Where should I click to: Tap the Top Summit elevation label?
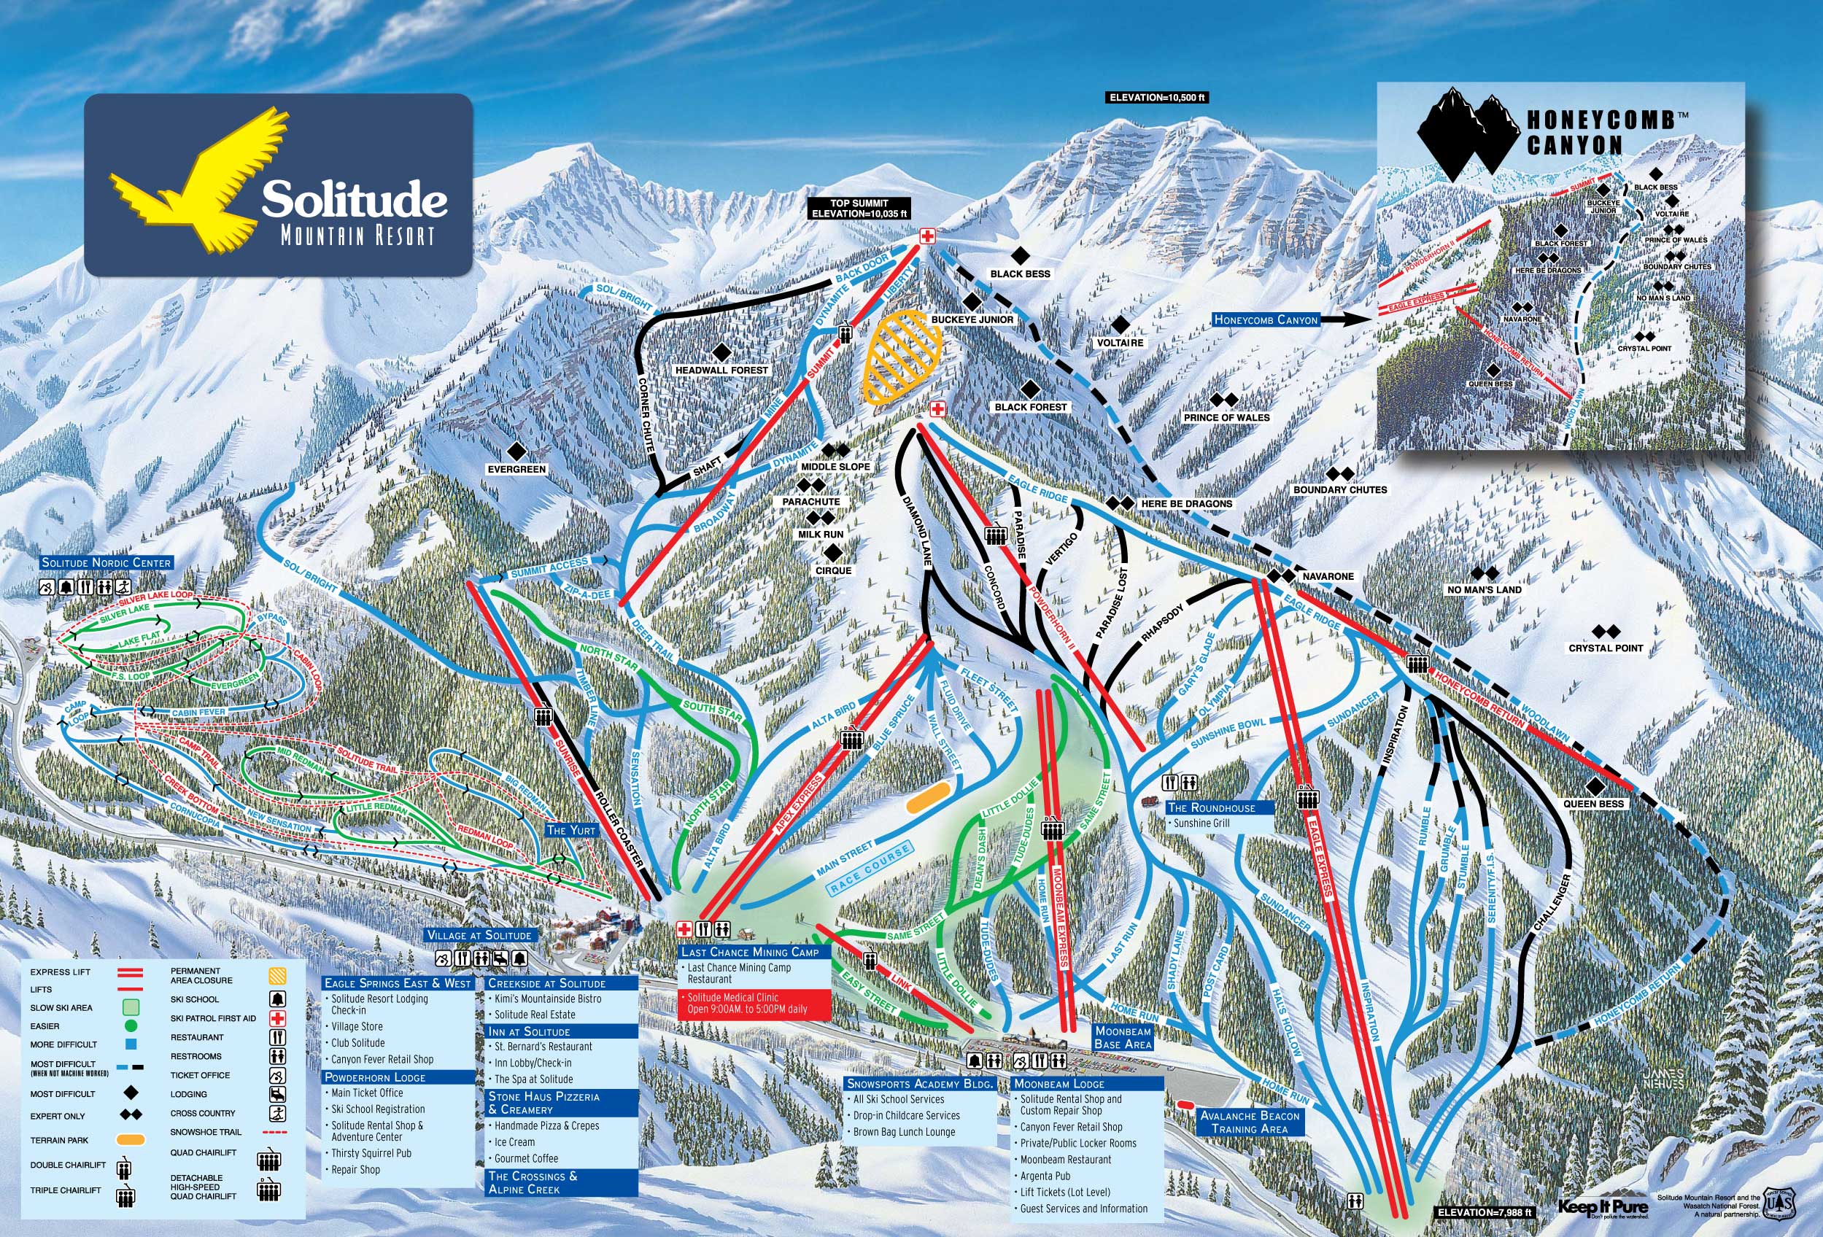tap(860, 209)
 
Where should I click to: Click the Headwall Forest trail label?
tap(721, 370)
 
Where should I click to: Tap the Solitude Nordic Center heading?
tap(107, 562)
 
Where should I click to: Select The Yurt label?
tap(571, 830)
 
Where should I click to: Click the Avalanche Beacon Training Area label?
tap(1250, 1122)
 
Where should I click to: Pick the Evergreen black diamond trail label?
tap(516, 469)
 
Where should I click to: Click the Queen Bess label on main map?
tap(1593, 803)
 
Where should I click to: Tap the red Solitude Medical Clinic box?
tap(753, 1004)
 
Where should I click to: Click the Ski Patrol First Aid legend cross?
tap(278, 1018)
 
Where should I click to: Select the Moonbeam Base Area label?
tap(1123, 1038)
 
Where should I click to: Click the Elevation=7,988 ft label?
tap(1483, 1213)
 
